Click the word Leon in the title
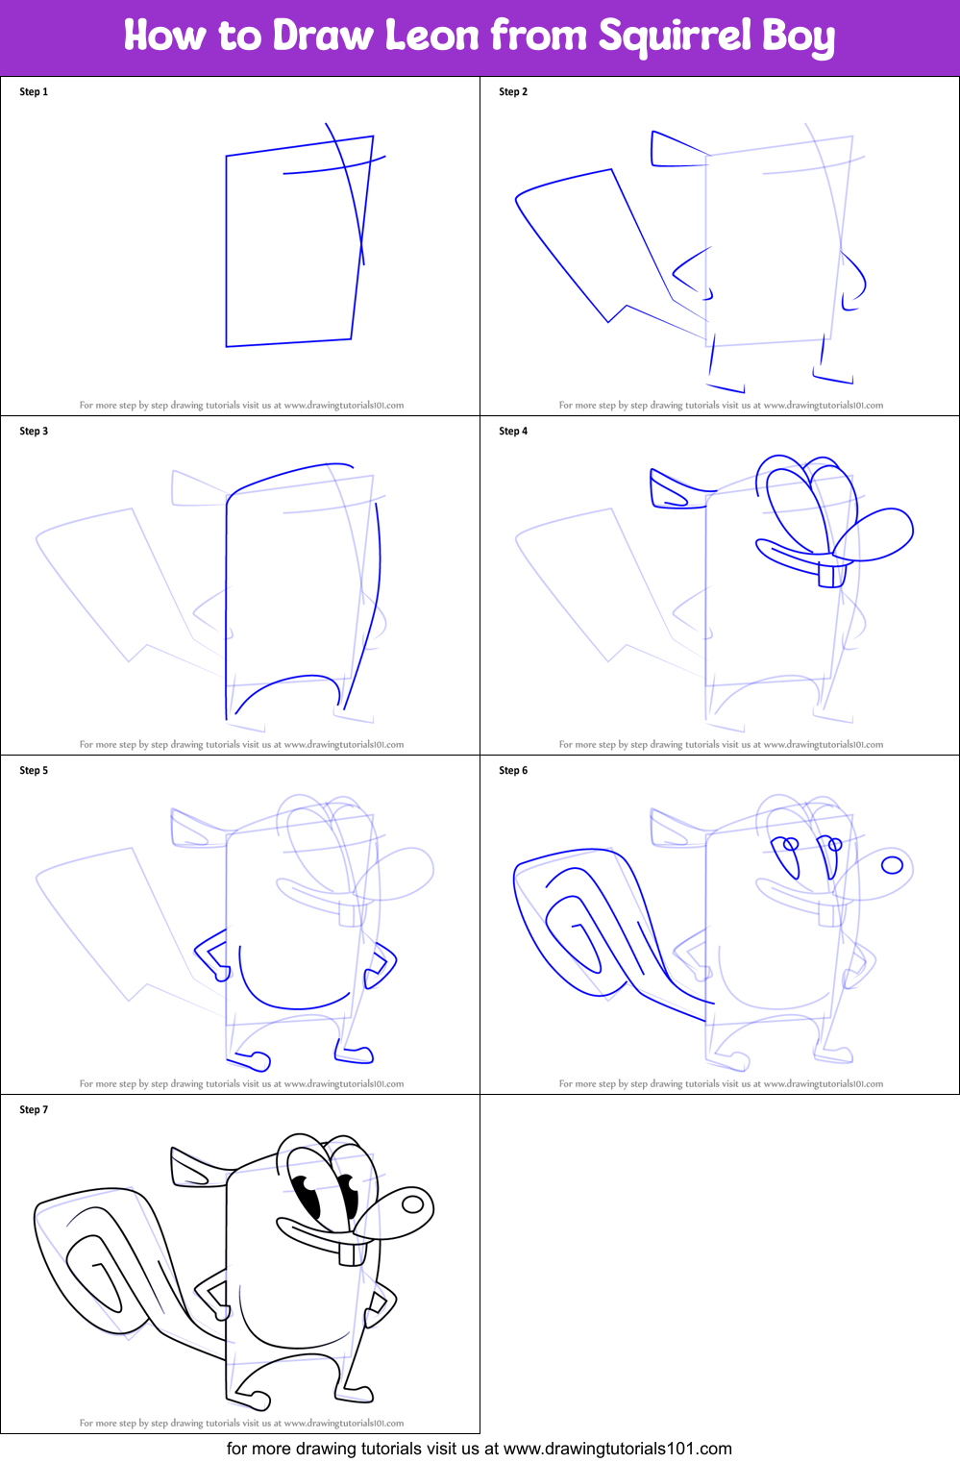pos(431,35)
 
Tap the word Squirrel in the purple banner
pos(675,37)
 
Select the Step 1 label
pos(34,91)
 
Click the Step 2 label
pos(512,91)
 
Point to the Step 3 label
pos(34,431)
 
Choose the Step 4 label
pos(512,431)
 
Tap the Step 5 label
pos(34,770)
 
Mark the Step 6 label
pos(512,770)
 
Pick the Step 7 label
pos(34,1109)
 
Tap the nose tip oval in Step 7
pos(413,1204)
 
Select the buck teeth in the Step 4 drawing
pos(832,575)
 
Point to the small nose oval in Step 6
pos(892,865)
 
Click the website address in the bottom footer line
pos(617,1449)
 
